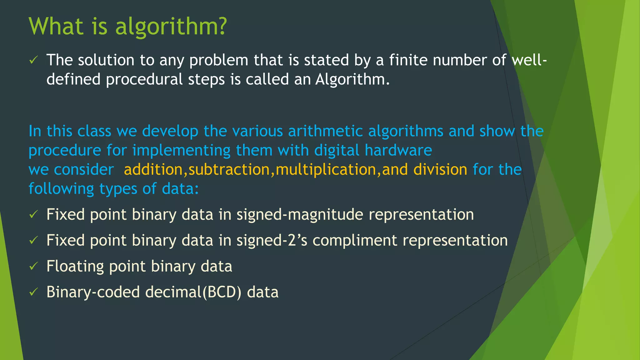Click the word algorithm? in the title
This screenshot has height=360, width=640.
click(x=171, y=27)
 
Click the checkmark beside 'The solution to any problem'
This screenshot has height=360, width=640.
click(x=33, y=60)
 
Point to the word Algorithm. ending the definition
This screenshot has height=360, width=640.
click(x=352, y=79)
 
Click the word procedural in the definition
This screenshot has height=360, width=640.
click(x=144, y=79)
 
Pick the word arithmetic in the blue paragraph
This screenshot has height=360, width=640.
click(x=325, y=131)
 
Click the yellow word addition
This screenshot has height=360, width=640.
click(x=153, y=170)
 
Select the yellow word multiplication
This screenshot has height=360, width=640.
click(x=326, y=170)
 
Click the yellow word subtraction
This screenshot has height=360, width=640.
click(x=229, y=170)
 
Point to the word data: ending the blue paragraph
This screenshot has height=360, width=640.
click(x=180, y=189)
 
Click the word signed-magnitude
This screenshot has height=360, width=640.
click(x=300, y=215)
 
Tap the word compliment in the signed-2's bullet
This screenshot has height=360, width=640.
click(x=355, y=241)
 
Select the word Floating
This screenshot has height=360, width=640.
click(x=75, y=267)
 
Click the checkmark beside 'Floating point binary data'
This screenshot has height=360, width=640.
click(x=33, y=266)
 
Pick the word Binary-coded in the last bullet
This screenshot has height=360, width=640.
click(x=93, y=292)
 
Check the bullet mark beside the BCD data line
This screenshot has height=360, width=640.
click(x=33, y=292)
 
